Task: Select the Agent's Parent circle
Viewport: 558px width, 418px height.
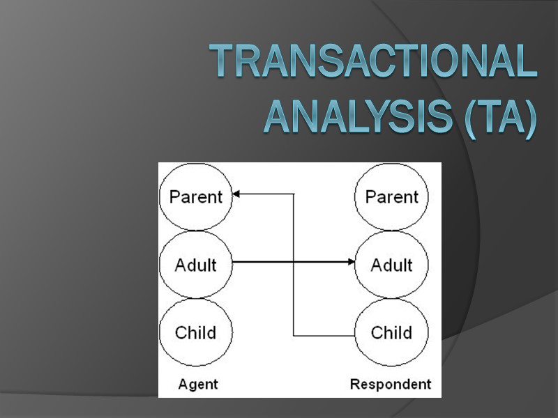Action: click(x=196, y=196)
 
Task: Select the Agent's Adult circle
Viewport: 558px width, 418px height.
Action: click(x=196, y=264)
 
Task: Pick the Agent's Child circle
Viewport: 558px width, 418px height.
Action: click(x=196, y=332)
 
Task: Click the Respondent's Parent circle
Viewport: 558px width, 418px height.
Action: click(x=391, y=196)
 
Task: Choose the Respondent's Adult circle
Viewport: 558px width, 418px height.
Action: click(x=391, y=264)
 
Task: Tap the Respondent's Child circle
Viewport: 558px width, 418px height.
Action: click(x=391, y=332)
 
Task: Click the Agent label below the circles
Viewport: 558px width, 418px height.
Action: click(x=198, y=384)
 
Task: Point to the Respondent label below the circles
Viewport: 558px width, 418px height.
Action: click(x=391, y=384)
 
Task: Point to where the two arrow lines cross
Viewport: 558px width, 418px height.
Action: click(x=293, y=263)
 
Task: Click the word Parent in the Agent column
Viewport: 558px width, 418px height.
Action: click(x=196, y=196)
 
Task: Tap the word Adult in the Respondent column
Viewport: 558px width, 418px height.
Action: click(x=391, y=265)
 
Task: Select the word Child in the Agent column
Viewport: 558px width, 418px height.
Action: click(x=196, y=332)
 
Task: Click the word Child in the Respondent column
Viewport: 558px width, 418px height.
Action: click(x=391, y=332)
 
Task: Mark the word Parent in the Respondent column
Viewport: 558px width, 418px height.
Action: click(x=391, y=196)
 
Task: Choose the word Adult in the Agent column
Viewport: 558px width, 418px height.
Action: click(x=196, y=265)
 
